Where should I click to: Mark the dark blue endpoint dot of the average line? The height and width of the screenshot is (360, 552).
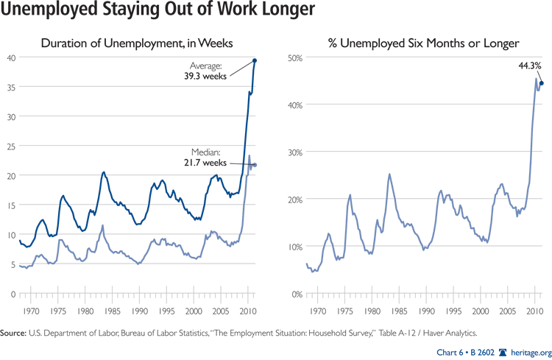point(255,60)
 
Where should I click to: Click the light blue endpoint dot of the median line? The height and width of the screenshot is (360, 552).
point(255,165)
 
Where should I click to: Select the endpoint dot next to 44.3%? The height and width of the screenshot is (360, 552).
point(541,83)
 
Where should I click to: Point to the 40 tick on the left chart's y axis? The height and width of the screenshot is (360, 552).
point(11,57)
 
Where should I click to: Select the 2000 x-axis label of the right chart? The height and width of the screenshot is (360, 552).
point(481,311)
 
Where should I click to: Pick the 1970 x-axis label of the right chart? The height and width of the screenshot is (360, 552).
point(318,311)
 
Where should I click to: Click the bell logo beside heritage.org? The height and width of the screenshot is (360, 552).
point(503,351)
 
